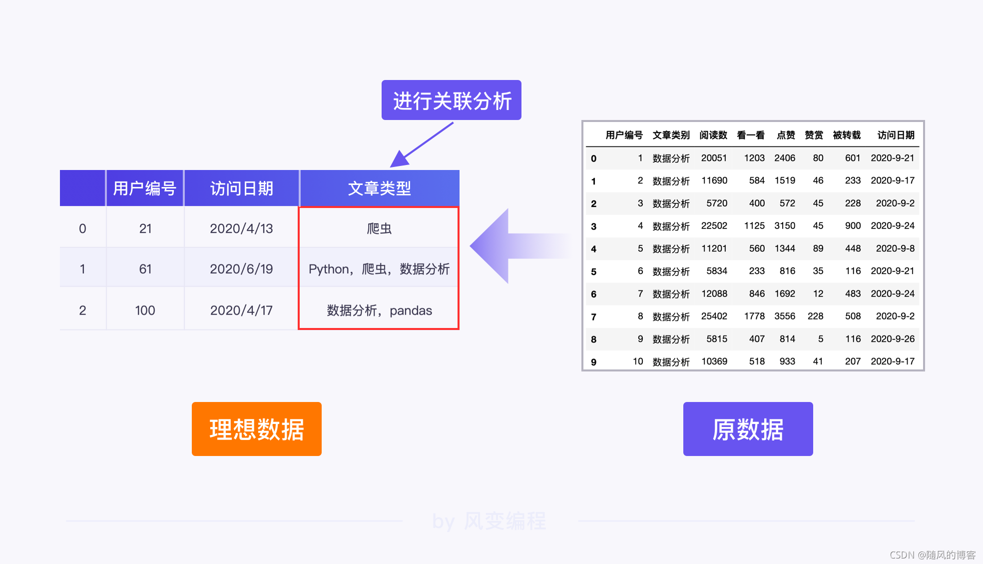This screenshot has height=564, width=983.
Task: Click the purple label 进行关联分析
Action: click(x=451, y=100)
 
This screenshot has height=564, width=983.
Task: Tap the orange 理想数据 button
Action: click(x=256, y=429)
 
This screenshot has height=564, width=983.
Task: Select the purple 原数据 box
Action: click(x=748, y=429)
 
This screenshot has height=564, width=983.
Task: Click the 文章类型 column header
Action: click(x=379, y=188)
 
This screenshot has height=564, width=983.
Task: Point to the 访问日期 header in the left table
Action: click(x=241, y=188)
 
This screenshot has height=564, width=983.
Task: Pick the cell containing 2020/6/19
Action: click(x=241, y=269)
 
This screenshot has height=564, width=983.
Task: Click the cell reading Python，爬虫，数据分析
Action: click(x=379, y=269)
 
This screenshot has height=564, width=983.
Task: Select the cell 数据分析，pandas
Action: click(x=379, y=310)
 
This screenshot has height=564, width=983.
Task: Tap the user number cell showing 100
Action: click(x=145, y=310)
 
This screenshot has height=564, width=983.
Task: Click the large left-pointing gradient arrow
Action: click(x=509, y=246)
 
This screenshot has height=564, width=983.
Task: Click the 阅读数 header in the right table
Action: click(x=713, y=135)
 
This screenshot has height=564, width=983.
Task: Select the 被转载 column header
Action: click(x=847, y=135)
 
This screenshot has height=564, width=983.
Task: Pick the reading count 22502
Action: click(x=714, y=226)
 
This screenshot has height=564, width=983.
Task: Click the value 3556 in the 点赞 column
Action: click(x=784, y=316)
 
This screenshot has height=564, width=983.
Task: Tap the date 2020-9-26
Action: click(x=893, y=339)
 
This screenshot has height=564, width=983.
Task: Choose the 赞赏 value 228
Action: click(x=815, y=316)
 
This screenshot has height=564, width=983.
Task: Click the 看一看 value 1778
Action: click(x=754, y=316)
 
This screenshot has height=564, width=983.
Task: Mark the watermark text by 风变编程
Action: click(x=489, y=521)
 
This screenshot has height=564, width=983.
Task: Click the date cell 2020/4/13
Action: click(x=241, y=228)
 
